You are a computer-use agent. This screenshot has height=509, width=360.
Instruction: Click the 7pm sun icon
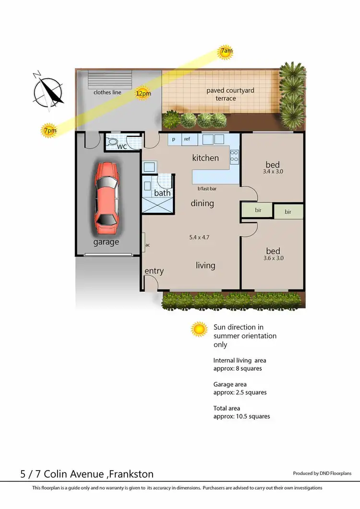pyautogui.click(x=49, y=130)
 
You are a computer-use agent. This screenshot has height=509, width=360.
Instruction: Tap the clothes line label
pyautogui.click(x=108, y=93)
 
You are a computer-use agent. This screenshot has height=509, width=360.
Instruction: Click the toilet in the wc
pyautogui.click(x=113, y=142)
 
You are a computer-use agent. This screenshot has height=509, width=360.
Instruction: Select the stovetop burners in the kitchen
pyautogui.click(x=235, y=156)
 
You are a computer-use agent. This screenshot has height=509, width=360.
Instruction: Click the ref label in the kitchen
pyautogui.click(x=187, y=139)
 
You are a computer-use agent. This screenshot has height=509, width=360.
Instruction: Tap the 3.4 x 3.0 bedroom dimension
pyautogui.click(x=273, y=171)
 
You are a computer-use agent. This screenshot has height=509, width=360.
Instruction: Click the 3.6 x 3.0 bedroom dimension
pyautogui.click(x=273, y=258)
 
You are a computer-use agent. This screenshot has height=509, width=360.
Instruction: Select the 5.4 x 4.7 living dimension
pyautogui.click(x=199, y=237)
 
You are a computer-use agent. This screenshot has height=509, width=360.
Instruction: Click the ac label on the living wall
pyautogui.click(x=148, y=245)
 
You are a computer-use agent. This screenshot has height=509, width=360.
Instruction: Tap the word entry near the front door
pyautogui.click(x=154, y=271)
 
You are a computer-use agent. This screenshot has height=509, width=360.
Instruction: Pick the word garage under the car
pyautogui.click(x=106, y=242)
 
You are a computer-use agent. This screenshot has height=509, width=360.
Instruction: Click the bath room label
pyautogui.click(x=162, y=193)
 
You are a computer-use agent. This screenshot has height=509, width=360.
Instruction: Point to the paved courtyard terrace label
pyautogui.click(x=230, y=94)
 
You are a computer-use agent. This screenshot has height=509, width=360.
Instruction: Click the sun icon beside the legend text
pyautogui.click(x=198, y=329)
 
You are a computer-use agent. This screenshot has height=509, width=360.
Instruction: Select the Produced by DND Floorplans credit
pyautogui.click(x=322, y=473)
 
